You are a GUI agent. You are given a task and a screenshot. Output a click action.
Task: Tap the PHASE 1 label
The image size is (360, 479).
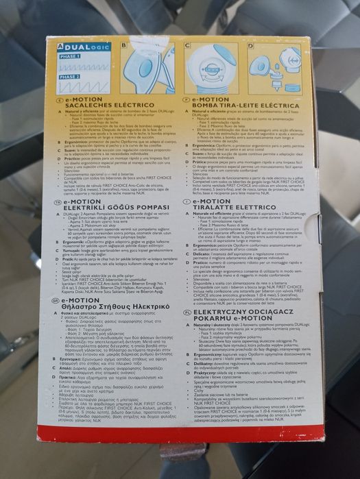tap(69, 57)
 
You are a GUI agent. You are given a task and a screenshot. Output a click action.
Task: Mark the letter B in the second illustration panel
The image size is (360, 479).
tap(123, 46)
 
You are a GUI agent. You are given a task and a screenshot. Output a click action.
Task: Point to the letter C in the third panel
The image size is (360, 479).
tap(187, 45)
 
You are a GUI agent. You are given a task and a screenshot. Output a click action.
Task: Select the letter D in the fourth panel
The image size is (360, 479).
tap(250, 46)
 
